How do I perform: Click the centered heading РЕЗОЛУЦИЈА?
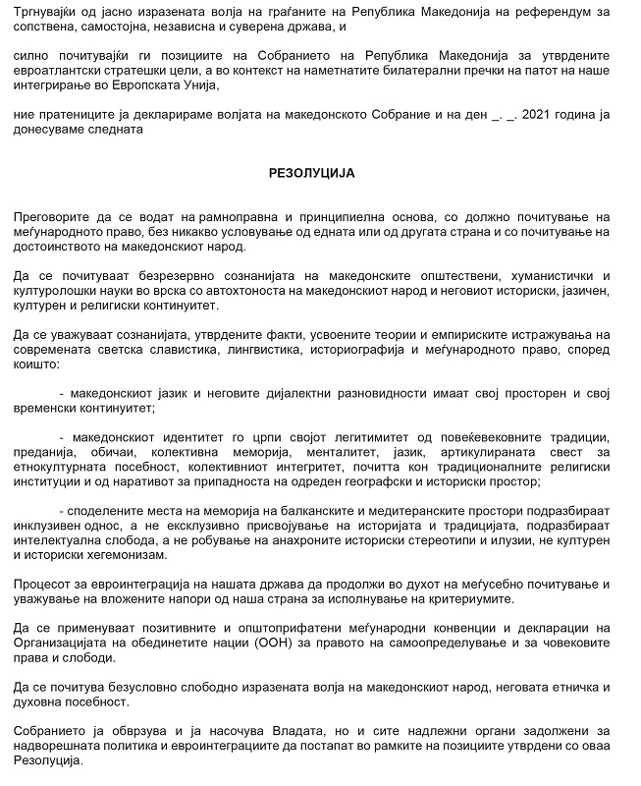[x=311, y=172]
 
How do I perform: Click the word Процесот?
[x=48, y=585]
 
